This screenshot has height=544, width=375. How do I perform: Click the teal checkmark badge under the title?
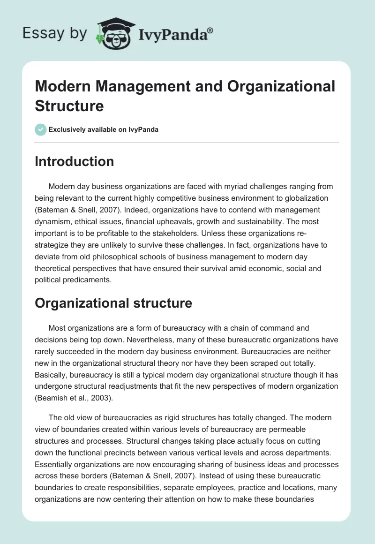[x=41, y=129]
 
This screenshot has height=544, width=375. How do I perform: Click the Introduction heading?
[x=75, y=161]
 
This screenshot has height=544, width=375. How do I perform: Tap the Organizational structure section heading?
[x=113, y=303]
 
